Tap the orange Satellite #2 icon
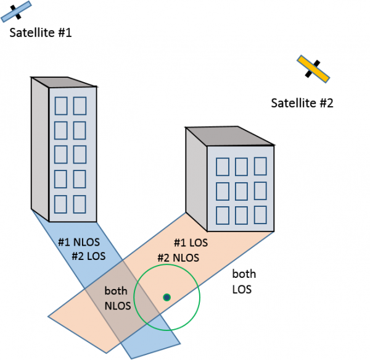tap(313, 69)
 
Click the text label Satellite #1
tap(41, 33)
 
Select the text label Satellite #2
tap(302, 103)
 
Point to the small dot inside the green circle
tap(166, 298)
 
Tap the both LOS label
tap(244, 281)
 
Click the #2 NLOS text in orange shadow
tap(178, 257)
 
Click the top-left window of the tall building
tap(61, 106)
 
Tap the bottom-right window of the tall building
tap(80, 203)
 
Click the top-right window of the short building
tap(261, 166)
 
